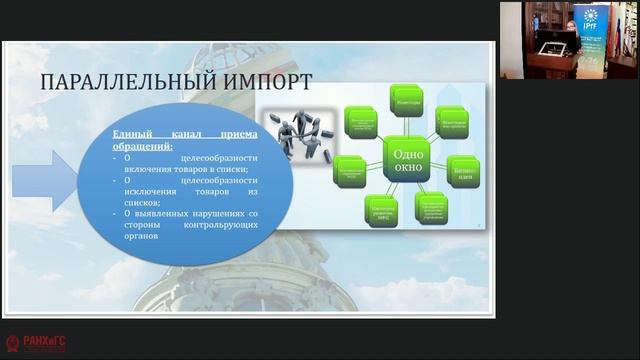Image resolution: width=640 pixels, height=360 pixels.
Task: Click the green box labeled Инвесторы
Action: point(408,101)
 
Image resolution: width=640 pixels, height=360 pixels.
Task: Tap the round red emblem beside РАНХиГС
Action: point(12,343)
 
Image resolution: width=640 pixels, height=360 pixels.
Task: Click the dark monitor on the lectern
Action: point(549,43)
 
